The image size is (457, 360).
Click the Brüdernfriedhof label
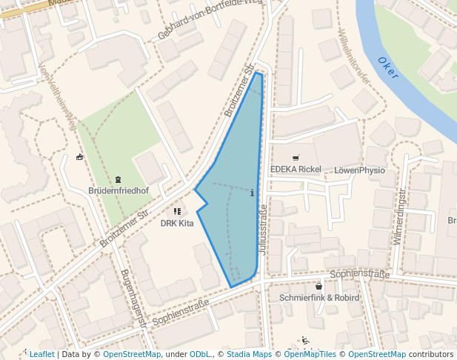coord(119,191)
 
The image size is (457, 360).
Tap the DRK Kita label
coord(177,222)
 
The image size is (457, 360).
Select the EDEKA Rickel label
coord(296,170)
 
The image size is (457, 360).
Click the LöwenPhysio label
coord(360,170)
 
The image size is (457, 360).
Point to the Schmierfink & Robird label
coord(319,297)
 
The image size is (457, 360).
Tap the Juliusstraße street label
coord(264,230)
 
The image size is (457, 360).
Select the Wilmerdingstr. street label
coord(400,216)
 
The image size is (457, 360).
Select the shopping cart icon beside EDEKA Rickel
coord(296,158)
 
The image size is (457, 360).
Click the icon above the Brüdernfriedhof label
coord(118,179)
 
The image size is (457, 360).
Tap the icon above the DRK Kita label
coord(177,211)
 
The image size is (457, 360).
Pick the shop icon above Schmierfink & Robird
coord(318,286)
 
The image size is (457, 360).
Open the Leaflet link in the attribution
coord(41,354)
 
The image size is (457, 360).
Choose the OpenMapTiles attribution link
coord(309,354)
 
